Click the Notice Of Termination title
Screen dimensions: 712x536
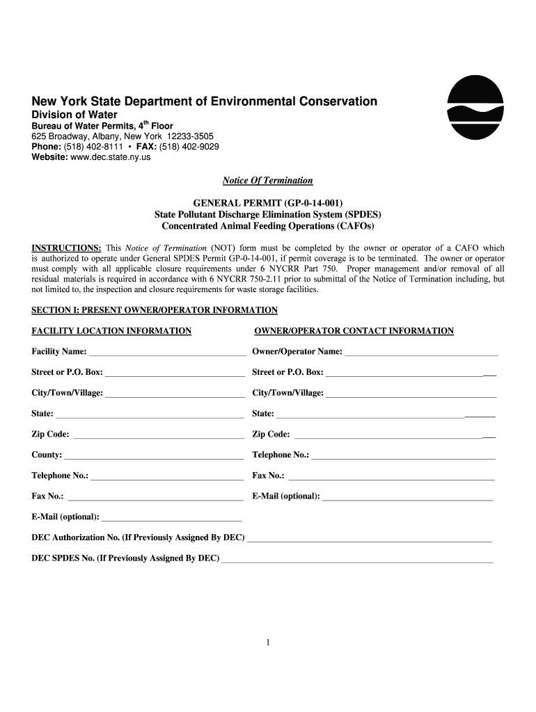coord(267,181)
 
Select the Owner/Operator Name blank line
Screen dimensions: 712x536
coord(421,353)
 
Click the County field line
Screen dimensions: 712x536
coord(153,456)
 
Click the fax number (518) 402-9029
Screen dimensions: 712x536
coord(189,147)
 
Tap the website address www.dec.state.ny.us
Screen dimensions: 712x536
coord(111,157)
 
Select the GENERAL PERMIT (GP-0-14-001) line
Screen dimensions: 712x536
coord(267,204)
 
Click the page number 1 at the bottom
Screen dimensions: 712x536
coord(267,642)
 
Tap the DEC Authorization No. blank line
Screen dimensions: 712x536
coord(369,539)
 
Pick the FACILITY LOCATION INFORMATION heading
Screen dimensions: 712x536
coord(111,331)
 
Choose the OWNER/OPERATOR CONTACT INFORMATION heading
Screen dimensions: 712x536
coord(354,331)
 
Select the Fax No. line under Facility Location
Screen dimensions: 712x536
coord(155,497)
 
